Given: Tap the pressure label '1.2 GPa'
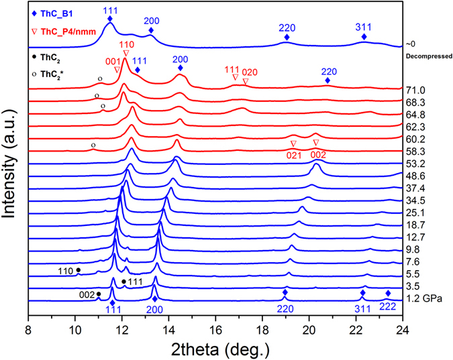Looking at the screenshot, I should click(x=423, y=297).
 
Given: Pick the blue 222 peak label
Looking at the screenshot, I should click(x=388, y=310).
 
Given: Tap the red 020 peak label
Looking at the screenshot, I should click(x=249, y=72).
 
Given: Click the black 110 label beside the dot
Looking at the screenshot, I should click(x=65, y=270).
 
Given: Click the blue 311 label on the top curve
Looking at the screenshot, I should click(x=364, y=26).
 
